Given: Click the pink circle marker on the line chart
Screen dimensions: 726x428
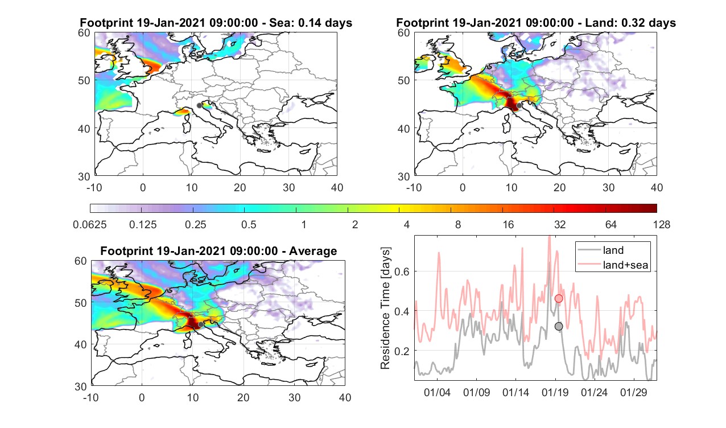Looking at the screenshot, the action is [x=558, y=298].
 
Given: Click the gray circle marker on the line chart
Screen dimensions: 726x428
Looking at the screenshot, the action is [x=558, y=326].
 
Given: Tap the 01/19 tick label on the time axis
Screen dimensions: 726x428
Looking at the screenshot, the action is [x=555, y=392].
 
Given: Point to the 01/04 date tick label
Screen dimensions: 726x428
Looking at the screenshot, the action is [x=437, y=392].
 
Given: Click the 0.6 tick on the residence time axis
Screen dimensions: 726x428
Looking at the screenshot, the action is [x=402, y=271].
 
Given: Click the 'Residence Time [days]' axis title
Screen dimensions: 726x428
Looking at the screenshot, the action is [x=385, y=308].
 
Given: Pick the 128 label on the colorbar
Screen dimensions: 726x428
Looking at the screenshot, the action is [x=662, y=224].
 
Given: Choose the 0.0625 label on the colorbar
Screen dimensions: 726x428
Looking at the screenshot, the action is [x=90, y=224].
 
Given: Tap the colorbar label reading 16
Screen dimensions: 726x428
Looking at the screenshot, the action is [x=508, y=224].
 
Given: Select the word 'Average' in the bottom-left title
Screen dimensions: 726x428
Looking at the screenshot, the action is [x=313, y=251].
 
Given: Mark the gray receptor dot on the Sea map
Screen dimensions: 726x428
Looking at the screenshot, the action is [x=199, y=105].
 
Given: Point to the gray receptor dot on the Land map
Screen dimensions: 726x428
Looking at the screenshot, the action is [x=519, y=105].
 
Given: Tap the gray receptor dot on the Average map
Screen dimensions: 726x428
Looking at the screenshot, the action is [x=201, y=324].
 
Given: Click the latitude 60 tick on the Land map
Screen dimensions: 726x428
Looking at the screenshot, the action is [x=403, y=33].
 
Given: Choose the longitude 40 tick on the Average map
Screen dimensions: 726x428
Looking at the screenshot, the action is [x=345, y=397].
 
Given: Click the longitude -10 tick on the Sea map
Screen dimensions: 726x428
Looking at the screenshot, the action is [x=94, y=187].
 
